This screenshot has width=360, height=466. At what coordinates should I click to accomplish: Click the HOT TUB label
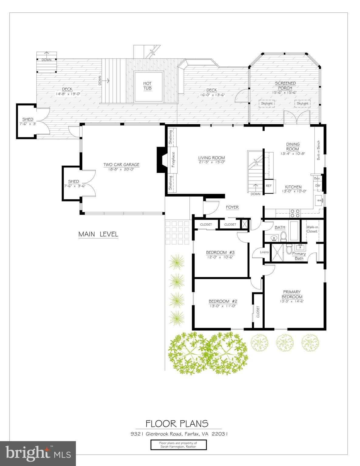tap(148, 86)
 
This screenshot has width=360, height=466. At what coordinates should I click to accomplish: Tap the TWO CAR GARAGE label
tap(121, 165)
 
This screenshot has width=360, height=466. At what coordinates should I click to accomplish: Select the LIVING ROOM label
tap(212, 158)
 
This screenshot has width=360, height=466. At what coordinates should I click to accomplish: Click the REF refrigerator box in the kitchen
tap(269, 186)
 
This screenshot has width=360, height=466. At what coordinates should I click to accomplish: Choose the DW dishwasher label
tap(318, 185)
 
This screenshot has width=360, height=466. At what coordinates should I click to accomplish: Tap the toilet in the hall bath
tap(284, 236)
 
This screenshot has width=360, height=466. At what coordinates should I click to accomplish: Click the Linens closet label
tap(264, 252)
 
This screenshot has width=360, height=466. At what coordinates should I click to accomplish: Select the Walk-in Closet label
tap(312, 229)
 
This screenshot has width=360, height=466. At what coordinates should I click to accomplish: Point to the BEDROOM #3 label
tap(220, 252)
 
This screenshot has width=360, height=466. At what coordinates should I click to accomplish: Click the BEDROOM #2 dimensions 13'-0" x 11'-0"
tap(222, 306)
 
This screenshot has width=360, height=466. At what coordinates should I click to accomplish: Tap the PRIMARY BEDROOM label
tap(292, 294)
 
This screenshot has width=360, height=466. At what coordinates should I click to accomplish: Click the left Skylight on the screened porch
tap(267, 103)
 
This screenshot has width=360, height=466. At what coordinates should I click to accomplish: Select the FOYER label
tap(232, 207)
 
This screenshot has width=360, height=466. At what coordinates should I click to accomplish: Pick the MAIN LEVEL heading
tap(98, 234)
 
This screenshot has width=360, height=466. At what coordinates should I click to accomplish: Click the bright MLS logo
tap(38, 454)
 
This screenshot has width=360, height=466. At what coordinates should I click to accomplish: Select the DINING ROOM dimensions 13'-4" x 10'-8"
tap(293, 154)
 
